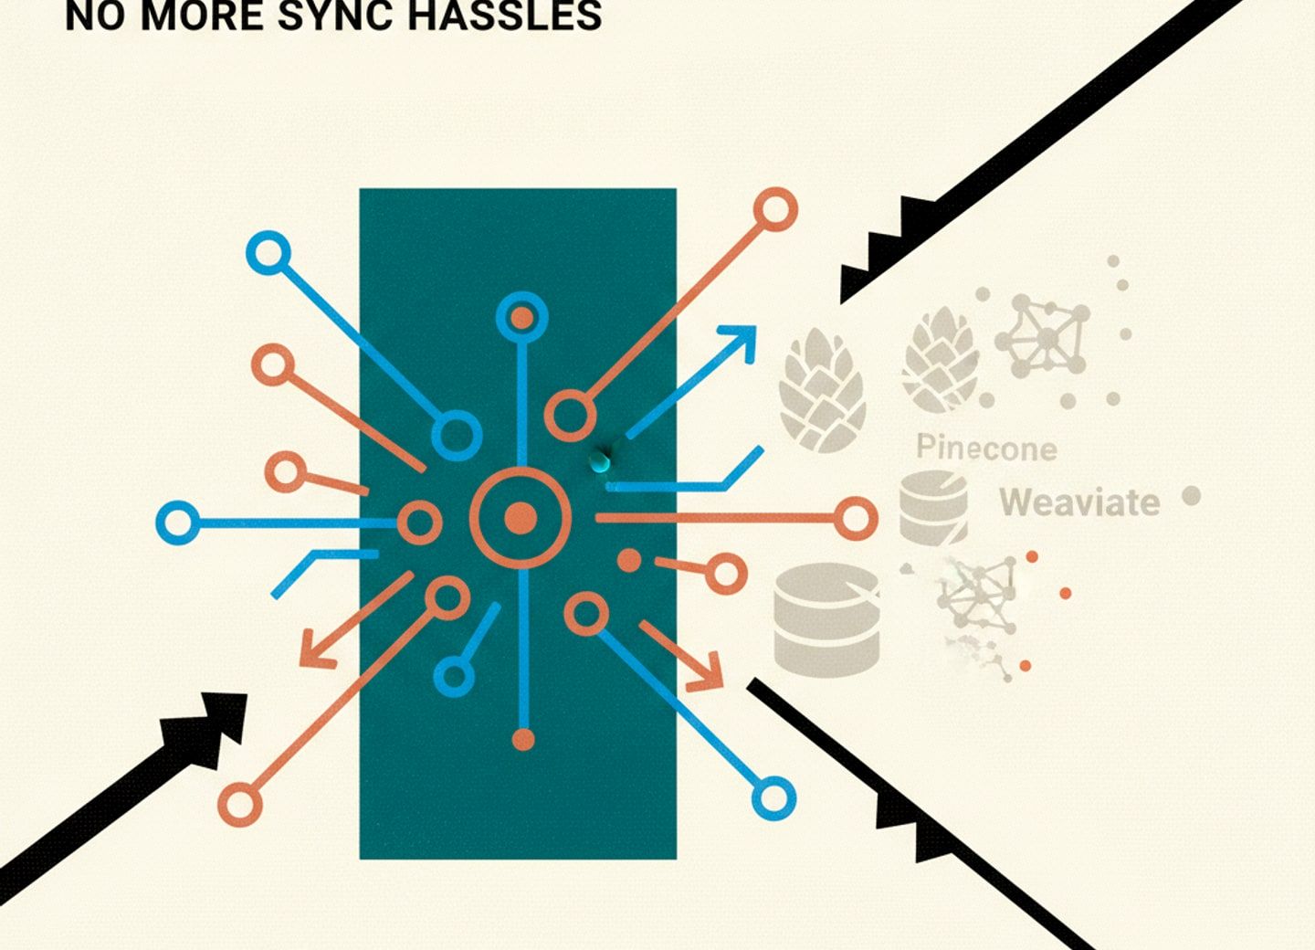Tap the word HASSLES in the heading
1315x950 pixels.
pyautogui.click(x=505, y=16)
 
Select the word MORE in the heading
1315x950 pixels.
pyautogui.click(x=203, y=16)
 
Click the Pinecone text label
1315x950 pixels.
pyautogui.click(x=986, y=449)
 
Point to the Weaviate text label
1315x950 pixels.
pyautogui.click(x=1079, y=502)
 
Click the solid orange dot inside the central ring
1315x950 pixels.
pyautogui.click(x=521, y=519)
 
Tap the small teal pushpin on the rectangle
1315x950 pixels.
pyautogui.click(x=600, y=461)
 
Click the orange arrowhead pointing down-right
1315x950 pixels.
pyautogui.click(x=705, y=672)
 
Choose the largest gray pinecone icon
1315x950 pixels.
pyautogui.click(x=823, y=390)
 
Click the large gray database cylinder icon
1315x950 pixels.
pyautogui.click(x=826, y=620)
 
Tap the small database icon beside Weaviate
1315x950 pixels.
pyautogui.click(x=933, y=507)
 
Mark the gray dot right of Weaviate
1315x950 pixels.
pyautogui.click(x=1191, y=496)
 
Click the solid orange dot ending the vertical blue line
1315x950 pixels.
pyautogui.click(x=523, y=739)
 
